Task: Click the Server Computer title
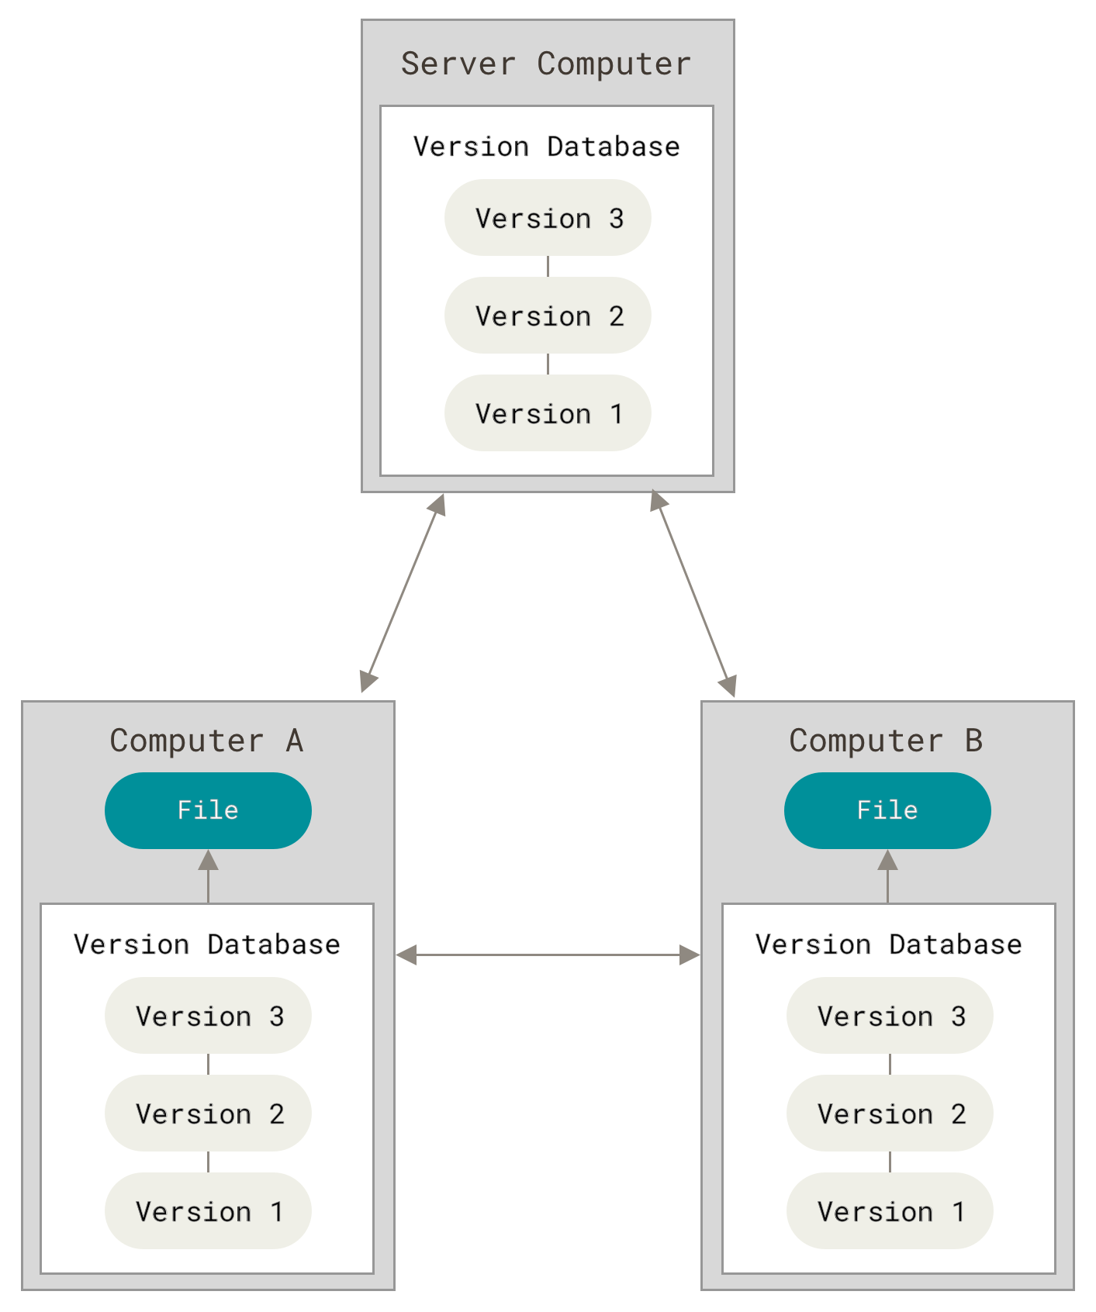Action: click(546, 64)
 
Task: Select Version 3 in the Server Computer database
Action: click(548, 218)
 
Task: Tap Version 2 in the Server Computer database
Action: click(548, 316)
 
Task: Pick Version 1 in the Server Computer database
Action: click(548, 413)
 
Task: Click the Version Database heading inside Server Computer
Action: click(546, 147)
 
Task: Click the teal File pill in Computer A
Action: click(208, 810)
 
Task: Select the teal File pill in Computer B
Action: click(887, 810)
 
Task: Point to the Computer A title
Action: click(206, 741)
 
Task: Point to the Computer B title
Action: click(886, 741)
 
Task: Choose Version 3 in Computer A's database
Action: click(208, 1016)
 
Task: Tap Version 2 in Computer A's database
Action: click(208, 1113)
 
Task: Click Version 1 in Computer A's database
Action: click(208, 1211)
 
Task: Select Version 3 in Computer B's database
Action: click(890, 1016)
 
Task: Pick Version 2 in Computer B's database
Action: click(890, 1113)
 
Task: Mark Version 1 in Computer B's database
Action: click(890, 1211)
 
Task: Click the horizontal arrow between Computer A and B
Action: click(548, 955)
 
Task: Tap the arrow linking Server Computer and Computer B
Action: click(693, 593)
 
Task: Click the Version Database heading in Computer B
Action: click(888, 944)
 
